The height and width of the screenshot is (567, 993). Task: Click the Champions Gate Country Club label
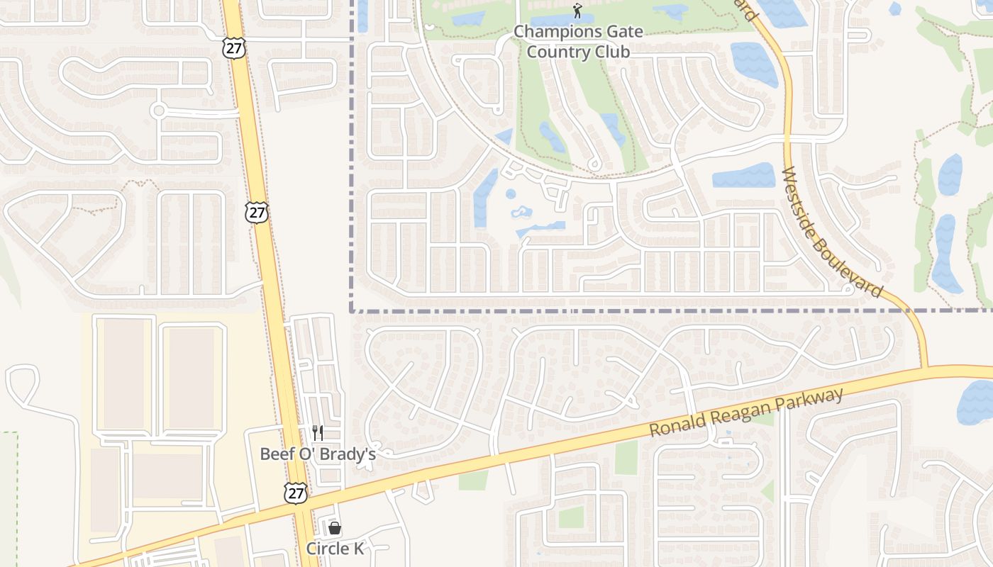click(578, 42)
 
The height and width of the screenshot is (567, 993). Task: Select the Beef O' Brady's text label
click(317, 454)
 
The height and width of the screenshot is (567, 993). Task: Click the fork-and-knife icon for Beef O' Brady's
click(318, 433)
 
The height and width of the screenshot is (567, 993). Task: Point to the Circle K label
click(334, 549)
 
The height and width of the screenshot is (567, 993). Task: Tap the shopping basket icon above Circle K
click(335, 528)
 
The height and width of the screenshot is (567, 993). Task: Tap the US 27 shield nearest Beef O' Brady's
click(296, 493)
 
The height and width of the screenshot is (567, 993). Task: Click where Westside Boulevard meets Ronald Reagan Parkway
click(926, 368)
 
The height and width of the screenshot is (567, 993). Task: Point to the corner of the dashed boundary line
click(352, 310)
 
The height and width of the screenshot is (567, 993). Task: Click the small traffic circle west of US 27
click(158, 111)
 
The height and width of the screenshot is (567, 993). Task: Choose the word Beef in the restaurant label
click(274, 454)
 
